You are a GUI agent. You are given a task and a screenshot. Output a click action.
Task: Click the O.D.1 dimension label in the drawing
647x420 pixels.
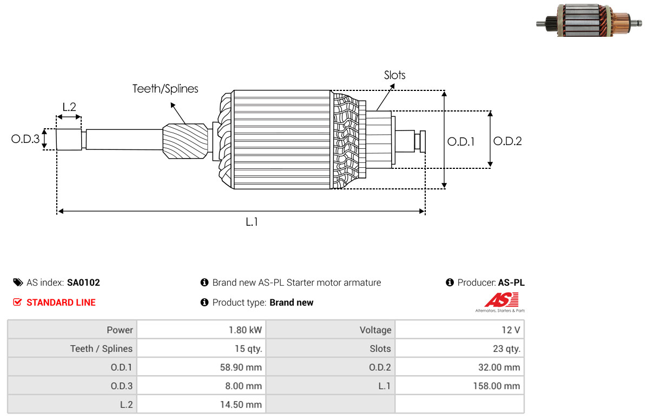tap(461, 142)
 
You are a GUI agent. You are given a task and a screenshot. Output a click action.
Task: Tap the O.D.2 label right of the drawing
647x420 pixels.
tap(507, 141)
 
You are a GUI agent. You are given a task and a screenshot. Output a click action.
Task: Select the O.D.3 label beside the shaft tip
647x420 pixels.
tap(25, 139)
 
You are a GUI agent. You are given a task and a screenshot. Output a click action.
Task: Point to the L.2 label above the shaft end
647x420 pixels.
tap(69, 107)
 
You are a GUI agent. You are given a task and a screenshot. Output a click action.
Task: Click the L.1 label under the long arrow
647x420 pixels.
tap(252, 222)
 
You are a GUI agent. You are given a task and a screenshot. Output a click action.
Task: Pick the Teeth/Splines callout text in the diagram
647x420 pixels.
tap(165, 89)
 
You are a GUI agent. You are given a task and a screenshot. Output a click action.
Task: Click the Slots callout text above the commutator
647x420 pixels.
tap(394, 75)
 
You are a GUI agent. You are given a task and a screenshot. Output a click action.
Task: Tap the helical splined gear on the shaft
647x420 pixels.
tap(185, 141)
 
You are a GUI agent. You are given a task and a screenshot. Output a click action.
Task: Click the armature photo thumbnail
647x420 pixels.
tap(589, 21)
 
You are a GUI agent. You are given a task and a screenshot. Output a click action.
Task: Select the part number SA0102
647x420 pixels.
tap(83, 283)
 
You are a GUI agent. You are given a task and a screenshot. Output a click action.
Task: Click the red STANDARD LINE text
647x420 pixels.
tap(61, 303)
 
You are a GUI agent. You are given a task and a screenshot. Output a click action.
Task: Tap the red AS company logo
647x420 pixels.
tap(501, 302)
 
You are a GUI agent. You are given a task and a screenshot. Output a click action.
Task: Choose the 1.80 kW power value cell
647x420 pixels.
tap(245, 330)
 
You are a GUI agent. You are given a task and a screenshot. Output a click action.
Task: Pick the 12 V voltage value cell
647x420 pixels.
tap(511, 330)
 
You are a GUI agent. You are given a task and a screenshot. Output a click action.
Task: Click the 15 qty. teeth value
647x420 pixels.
tap(248, 349)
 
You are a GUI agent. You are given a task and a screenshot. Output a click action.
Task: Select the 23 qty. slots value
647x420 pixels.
tap(506, 349)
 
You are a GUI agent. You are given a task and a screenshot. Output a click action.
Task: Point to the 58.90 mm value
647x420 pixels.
tap(241, 367)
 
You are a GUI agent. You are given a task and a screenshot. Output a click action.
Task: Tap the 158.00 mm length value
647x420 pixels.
tap(497, 386)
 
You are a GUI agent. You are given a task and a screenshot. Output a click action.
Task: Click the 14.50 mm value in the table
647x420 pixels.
tap(241, 404)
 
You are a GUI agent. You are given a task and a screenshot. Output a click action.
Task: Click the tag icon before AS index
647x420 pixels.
tap(18, 283)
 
